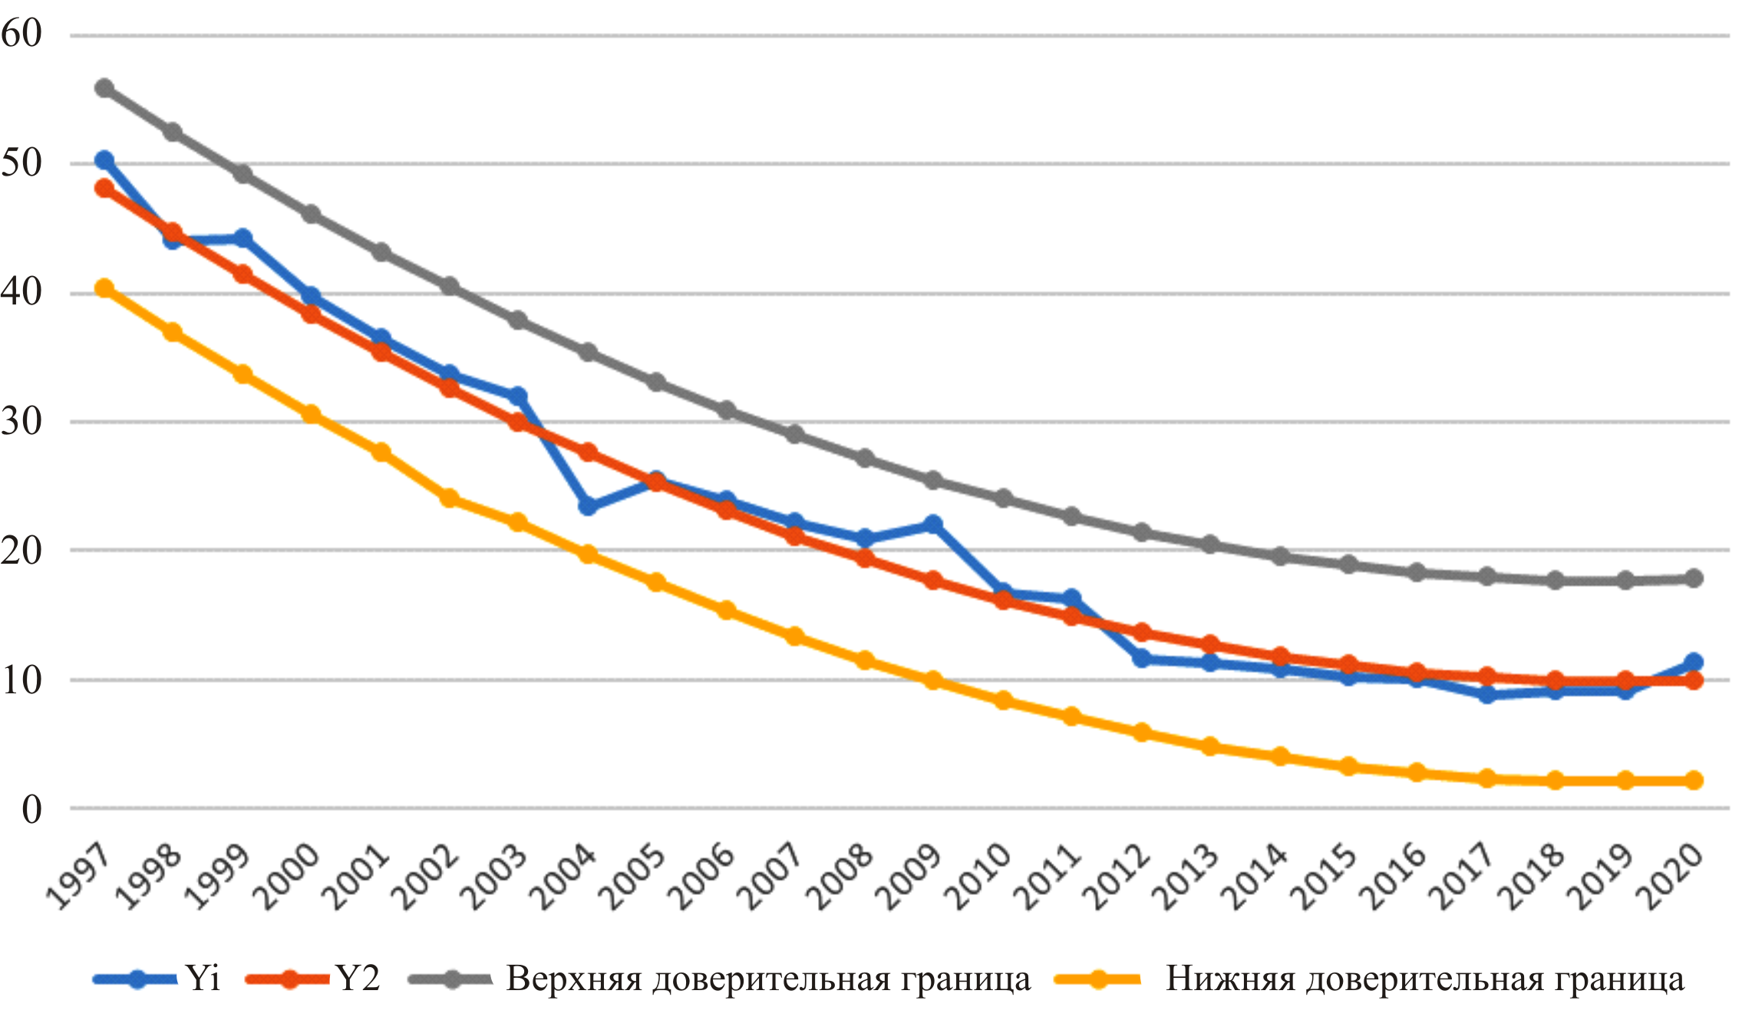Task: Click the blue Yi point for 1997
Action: click(104, 160)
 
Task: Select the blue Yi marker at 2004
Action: click(588, 506)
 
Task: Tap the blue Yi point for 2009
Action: click(933, 525)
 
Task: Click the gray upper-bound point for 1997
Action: click(104, 88)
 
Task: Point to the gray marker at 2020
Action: click(1694, 578)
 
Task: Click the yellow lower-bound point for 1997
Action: click(104, 288)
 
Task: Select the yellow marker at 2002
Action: click(450, 499)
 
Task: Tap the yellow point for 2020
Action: click(1694, 781)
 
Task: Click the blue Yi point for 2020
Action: click(1694, 662)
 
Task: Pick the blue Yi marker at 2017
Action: click(1486, 695)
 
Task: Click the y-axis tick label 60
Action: click(21, 34)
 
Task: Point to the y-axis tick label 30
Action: click(21, 421)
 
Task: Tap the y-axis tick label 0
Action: click(31, 809)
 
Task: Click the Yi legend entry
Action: click(203, 979)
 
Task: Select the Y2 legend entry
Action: click(358, 979)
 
